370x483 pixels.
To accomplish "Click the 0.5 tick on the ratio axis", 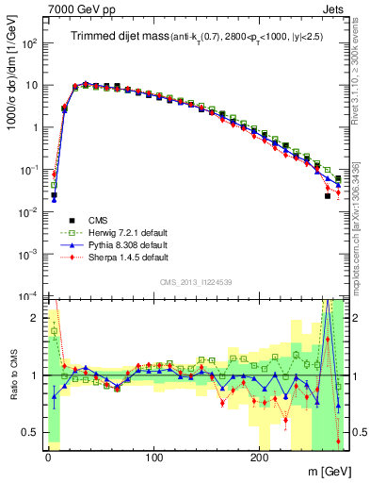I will pyautogui.click(x=31, y=432).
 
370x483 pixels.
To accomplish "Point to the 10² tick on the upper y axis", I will pyautogui.click(x=28, y=43).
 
